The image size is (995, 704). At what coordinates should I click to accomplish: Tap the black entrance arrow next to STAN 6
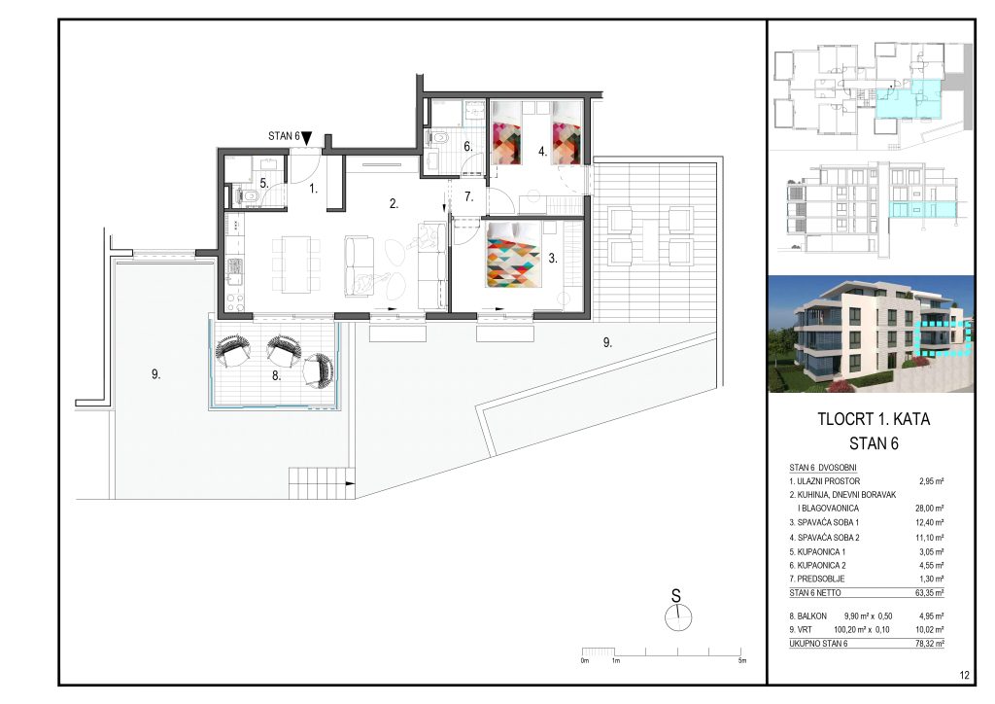point(307,139)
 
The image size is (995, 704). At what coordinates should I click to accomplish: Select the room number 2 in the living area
point(393,204)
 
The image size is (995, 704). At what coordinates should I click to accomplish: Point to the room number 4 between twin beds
point(543,152)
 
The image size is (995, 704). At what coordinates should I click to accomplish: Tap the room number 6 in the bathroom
point(466,147)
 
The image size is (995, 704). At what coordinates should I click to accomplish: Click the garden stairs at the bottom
point(319,481)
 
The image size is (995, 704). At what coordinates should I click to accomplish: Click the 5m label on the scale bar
point(741,661)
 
